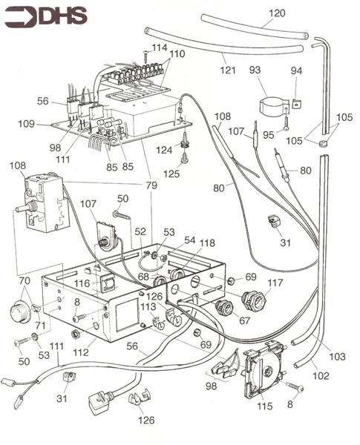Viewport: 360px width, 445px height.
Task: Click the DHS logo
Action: pos(45,16)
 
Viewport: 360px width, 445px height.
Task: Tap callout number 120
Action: pos(276,13)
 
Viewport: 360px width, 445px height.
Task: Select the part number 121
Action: pos(228,70)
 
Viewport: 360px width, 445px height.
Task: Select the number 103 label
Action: pos(337,357)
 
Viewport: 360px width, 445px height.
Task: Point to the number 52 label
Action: pos(139,231)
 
